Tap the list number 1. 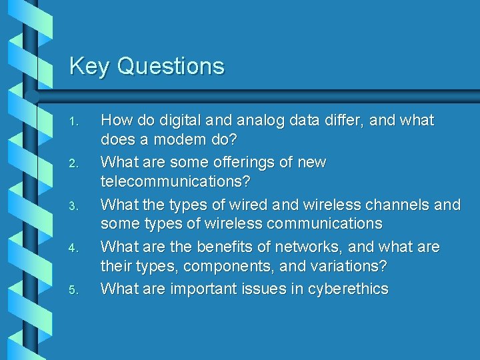point(74,122)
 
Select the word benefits point(231,247)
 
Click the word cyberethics point(347,289)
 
